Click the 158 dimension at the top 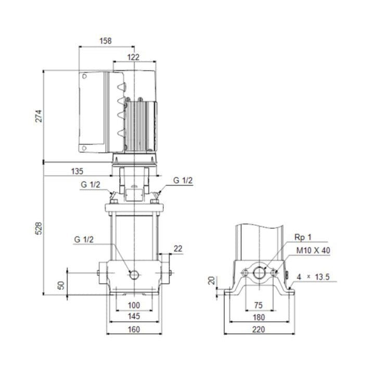106,40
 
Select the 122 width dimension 134,57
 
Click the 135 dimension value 77,171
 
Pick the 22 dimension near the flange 178,249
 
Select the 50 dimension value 61,285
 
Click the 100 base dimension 134,305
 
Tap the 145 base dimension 134,316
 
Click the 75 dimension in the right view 259,305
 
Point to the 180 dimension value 259,317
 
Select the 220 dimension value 259,329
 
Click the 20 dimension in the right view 211,281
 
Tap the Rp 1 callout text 303,238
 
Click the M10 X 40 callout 313,250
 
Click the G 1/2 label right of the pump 183,180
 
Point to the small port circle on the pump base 134,274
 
